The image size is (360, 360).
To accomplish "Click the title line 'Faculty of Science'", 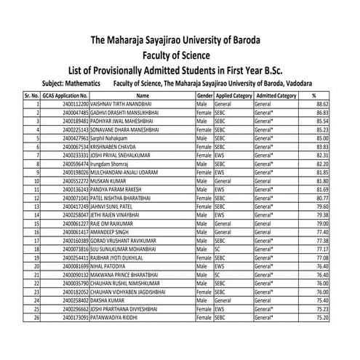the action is [180, 55].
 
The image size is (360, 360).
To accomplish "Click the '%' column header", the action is [313, 96].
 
